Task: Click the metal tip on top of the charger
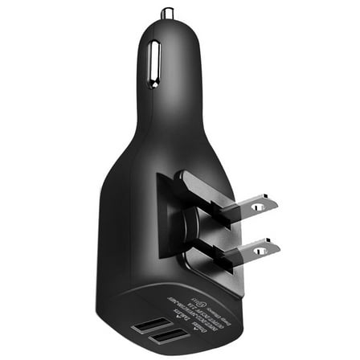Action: coord(168,14)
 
